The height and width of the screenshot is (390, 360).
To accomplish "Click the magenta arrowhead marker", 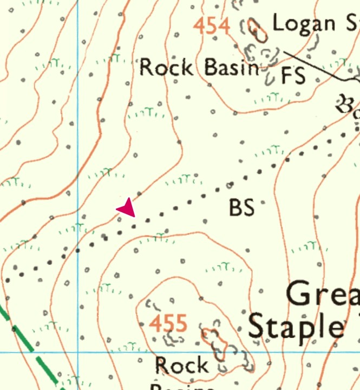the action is (x=127, y=208).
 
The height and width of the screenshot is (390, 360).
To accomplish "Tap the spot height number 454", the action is (x=212, y=25).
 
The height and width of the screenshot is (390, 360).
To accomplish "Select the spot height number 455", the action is (x=168, y=323).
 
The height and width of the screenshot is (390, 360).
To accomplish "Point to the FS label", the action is (x=293, y=76).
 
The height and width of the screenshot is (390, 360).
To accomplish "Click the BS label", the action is (x=241, y=208).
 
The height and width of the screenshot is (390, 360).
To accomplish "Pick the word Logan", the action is (x=303, y=23).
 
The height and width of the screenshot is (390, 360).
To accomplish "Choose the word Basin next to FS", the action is (x=232, y=68).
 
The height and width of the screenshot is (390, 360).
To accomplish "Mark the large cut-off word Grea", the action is (x=323, y=295).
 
